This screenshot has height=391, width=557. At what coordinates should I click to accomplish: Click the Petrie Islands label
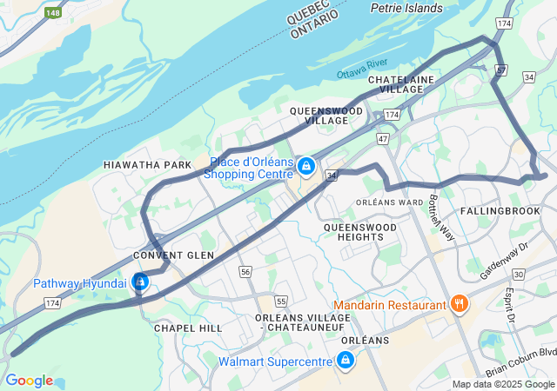pos(406,9)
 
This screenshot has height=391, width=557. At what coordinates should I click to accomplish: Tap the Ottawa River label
pos(362,69)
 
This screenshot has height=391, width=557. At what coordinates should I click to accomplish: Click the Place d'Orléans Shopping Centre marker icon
pos(305,165)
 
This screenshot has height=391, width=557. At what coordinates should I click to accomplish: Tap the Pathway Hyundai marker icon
pos(139,283)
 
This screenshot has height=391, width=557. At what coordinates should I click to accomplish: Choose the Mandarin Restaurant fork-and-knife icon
pos(458,304)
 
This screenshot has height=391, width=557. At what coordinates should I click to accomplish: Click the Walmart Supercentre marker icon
pos(346,360)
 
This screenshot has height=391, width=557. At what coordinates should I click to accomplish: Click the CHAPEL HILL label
pos(187,328)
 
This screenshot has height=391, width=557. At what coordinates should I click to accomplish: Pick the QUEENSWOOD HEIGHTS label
pos(359,232)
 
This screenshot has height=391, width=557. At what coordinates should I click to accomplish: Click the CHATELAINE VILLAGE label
pos(400,84)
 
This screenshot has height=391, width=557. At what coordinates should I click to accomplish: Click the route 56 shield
pos(245,272)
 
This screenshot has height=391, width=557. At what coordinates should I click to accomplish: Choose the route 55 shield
pos(280,301)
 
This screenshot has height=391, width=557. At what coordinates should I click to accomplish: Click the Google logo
pos(29,381)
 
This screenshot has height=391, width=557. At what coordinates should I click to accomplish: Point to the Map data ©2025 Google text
pos(502,385)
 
